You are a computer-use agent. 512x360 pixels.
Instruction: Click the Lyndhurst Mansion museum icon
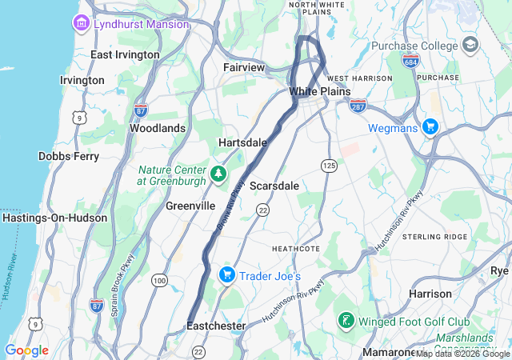click(82, 24)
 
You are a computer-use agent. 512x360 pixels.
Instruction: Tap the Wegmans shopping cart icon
click(430, 126)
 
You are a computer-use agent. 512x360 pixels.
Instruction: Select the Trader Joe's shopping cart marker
click(227, 275)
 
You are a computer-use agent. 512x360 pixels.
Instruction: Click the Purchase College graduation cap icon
click(470, 43)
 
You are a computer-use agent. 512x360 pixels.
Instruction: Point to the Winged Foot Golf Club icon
click(346, 321)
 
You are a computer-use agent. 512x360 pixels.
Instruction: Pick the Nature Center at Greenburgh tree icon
click(218, 174)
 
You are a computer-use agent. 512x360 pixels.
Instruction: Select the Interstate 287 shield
click(358, 104)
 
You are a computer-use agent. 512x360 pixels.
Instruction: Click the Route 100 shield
click(159, 280)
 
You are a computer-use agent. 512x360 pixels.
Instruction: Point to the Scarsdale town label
click(274, 186)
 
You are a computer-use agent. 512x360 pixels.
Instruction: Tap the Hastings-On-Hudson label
click(54, 218)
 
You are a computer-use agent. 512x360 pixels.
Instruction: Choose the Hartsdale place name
click(242, 142)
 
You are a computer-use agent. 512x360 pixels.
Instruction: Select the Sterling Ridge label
click(434, 237)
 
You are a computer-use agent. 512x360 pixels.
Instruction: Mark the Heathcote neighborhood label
click(296, 249)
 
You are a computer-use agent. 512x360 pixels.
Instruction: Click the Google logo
click(26, 350)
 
